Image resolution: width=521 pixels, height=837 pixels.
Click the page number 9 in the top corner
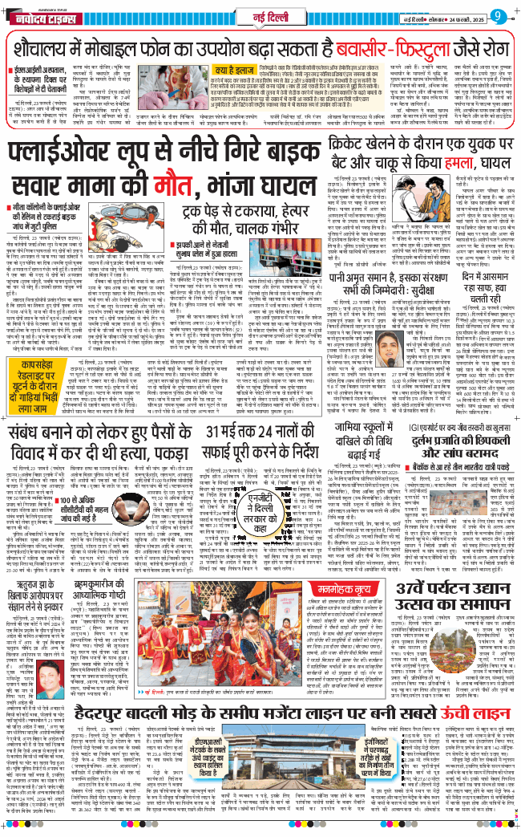499,15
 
